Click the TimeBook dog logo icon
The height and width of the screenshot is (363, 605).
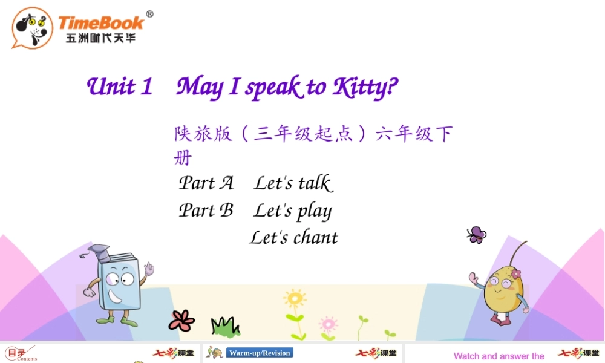(x=32, y=28)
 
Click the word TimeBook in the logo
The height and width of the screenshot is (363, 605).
(x=100, y=23)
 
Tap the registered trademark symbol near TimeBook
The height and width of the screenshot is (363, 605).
(x=150, y=15)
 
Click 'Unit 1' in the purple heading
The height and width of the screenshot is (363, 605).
(x=120, y=87)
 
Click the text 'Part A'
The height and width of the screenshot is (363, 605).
(x=206, y=183)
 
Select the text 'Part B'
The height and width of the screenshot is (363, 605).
(x=206, y=211)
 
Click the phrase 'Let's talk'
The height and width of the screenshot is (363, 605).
(x=293, y=183)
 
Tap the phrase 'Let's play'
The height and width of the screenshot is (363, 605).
(x=293, y=211)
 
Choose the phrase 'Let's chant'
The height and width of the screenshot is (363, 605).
(x=294, y=238)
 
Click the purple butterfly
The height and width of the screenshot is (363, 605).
(x=477, y=235)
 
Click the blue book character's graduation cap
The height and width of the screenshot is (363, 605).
(x=99, y=250)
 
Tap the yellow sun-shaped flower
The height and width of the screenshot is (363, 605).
(x=295, y=299)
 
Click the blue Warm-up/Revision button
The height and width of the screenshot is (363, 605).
(x=260, y=353)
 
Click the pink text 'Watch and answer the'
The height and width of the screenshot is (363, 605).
(x=499, y=356)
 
